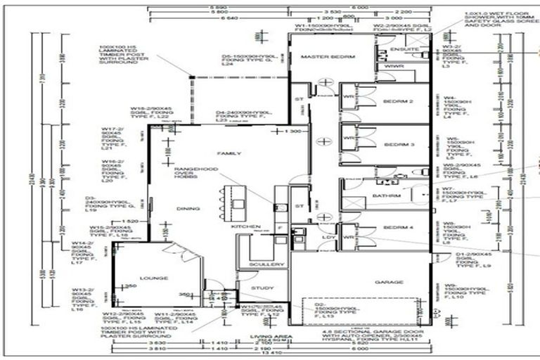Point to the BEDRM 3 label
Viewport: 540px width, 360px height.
398,144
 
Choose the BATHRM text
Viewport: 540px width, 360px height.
386,195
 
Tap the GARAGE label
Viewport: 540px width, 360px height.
389,282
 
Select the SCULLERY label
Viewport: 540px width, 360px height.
267,264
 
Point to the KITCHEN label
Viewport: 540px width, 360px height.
241,227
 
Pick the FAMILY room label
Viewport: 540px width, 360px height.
229,153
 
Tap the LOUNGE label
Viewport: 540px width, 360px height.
154,278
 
